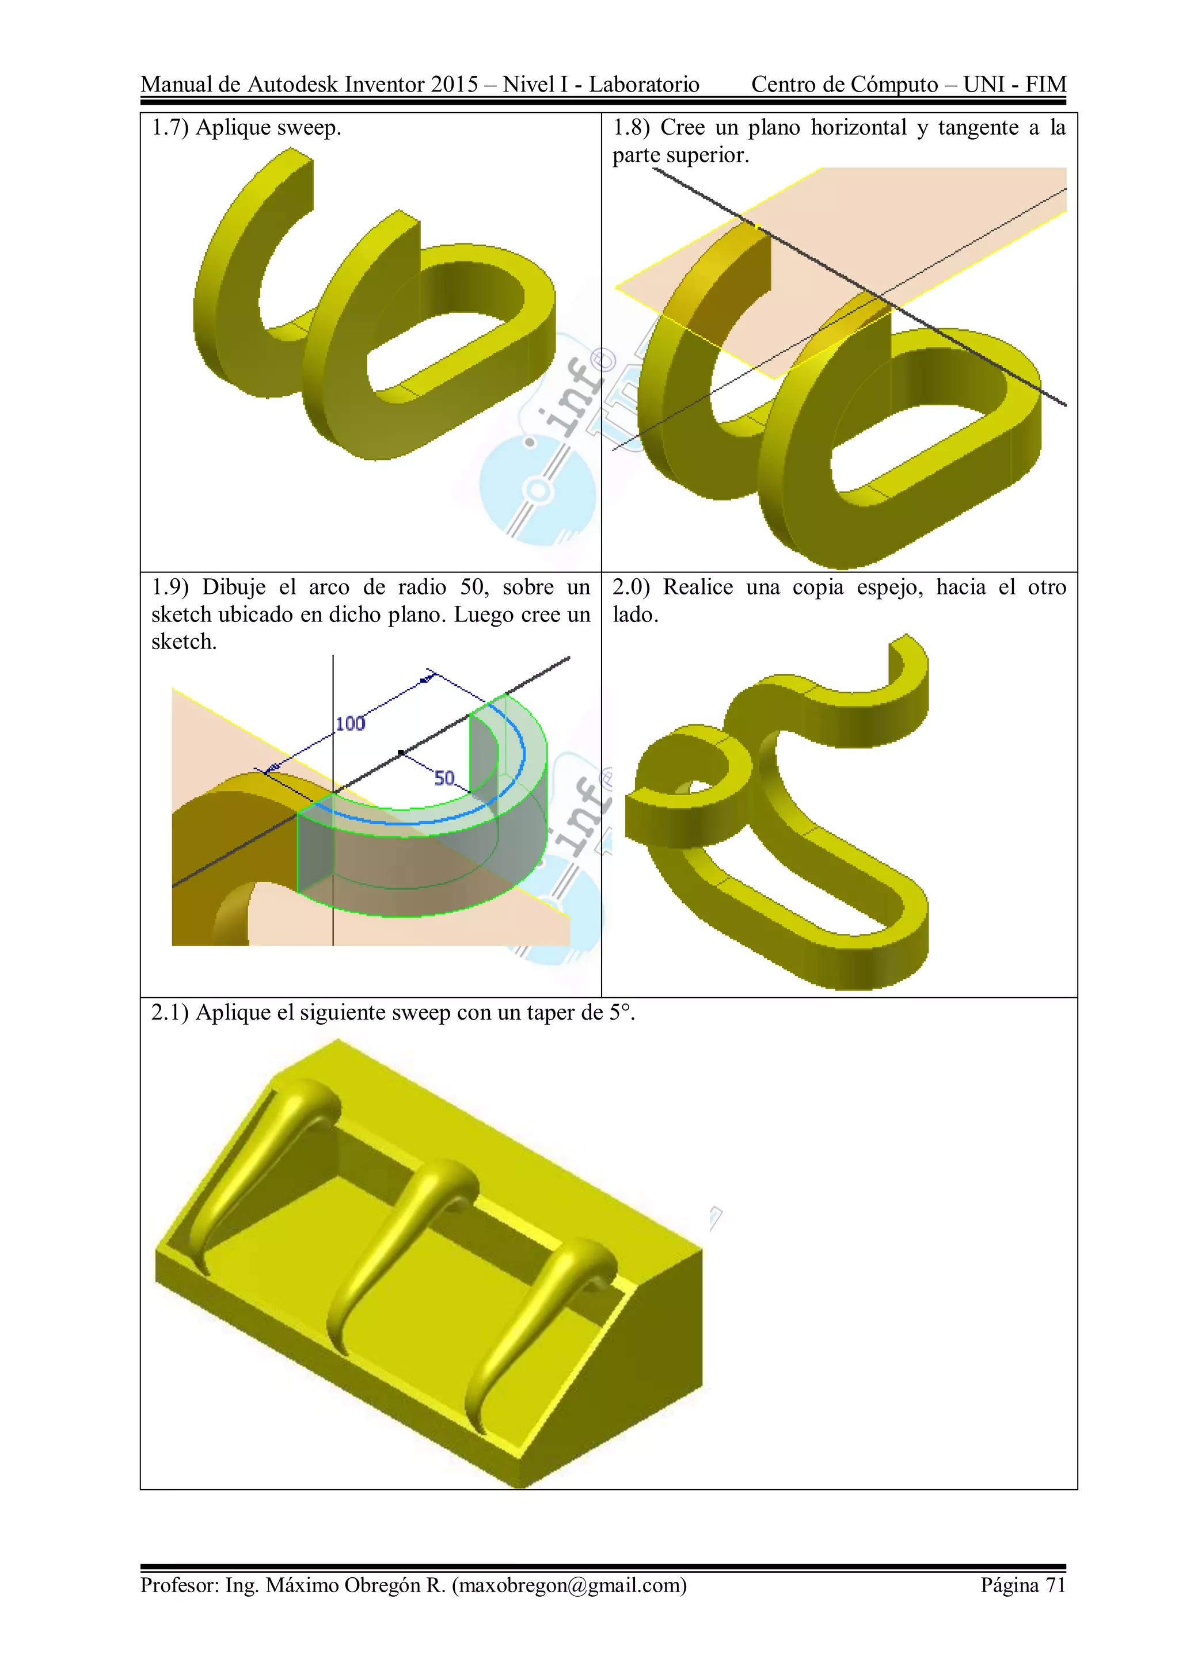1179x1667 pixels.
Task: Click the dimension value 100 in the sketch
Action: [350, 723]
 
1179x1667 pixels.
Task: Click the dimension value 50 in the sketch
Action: [444, 779]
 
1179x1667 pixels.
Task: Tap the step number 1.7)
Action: [169, 128]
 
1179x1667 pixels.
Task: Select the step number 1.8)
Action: [630, 128]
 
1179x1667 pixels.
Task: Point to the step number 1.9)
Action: [169, 587]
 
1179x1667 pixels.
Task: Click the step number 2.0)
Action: [630, 587]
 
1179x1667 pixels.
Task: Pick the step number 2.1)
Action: [169, 1012]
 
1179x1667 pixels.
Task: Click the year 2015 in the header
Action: [454, 84]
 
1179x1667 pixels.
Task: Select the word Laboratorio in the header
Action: [644, 84]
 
